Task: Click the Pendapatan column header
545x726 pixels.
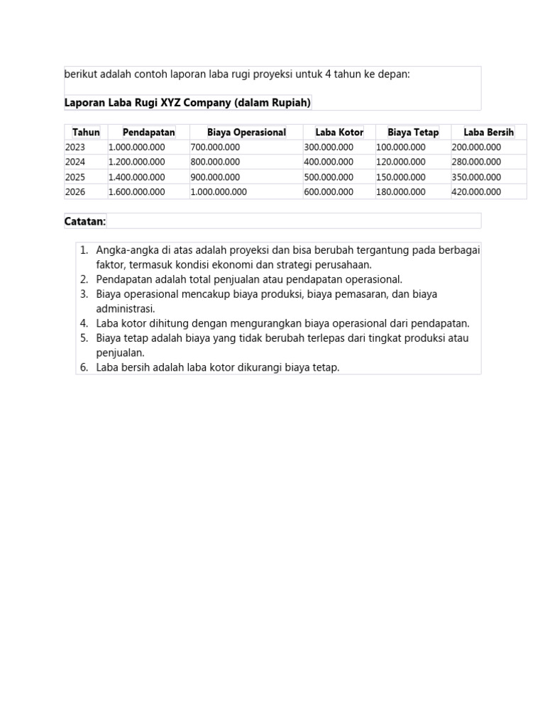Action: [x=148, y=133]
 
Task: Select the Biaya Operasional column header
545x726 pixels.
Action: [x=246, y=133]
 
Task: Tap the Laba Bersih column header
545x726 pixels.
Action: [x=488, y=133]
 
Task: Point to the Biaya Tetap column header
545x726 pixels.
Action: [x=413, y=133]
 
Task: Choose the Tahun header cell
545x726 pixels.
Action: [x=86, y=133]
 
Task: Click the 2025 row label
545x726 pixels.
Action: [x=75, y=177]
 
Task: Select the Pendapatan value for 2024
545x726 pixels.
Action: [x=136, y=162]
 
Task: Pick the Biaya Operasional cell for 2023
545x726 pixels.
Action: [x=215, y=147]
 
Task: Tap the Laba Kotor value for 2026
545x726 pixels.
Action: [x=328, y=192]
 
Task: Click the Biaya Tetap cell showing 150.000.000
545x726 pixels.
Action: [x=400, y=177]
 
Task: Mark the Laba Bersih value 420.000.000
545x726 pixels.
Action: [x=475, y=192]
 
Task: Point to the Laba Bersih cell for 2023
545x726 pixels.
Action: [x=475, y=147]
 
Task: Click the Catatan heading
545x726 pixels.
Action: [x=84, y=221]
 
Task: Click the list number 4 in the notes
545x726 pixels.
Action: [x=83, y=323]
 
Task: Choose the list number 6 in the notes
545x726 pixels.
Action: [x=83, y=367]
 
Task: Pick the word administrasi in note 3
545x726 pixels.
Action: [x=126, y=309]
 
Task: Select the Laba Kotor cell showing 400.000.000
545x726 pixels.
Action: [x=328, y=162]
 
